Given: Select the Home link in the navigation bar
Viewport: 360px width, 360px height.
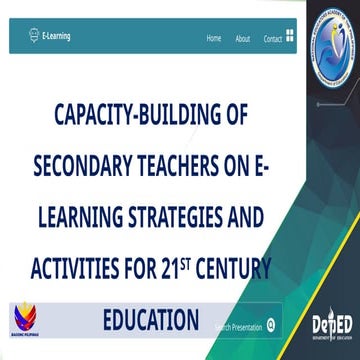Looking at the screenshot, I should (x=213, y=39).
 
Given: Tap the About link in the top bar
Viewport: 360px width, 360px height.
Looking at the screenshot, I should (x=242, y=39).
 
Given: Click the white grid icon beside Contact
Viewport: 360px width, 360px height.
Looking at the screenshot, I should (x=289, y=37).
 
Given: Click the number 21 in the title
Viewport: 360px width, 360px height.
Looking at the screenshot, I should (x=169, y=268).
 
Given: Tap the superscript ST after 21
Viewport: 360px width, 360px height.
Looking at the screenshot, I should (x=188, y=262).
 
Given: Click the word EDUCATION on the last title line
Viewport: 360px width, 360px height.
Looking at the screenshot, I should (x=151, y=319).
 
